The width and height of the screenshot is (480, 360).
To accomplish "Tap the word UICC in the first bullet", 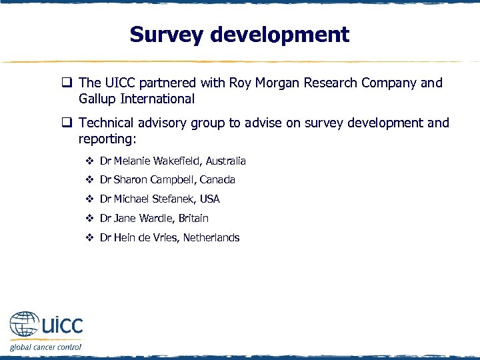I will pos(121,83).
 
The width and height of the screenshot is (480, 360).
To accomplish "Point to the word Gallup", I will pos(99,99).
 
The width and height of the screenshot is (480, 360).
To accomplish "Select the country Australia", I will pos(225,161).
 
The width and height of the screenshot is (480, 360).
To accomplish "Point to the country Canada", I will pos(217,180).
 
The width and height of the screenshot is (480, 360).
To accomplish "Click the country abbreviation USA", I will pos(209,199).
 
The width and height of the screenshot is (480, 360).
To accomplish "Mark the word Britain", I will pos(193,219).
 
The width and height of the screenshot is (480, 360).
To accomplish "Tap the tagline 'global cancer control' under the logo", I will pos(45,347).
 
